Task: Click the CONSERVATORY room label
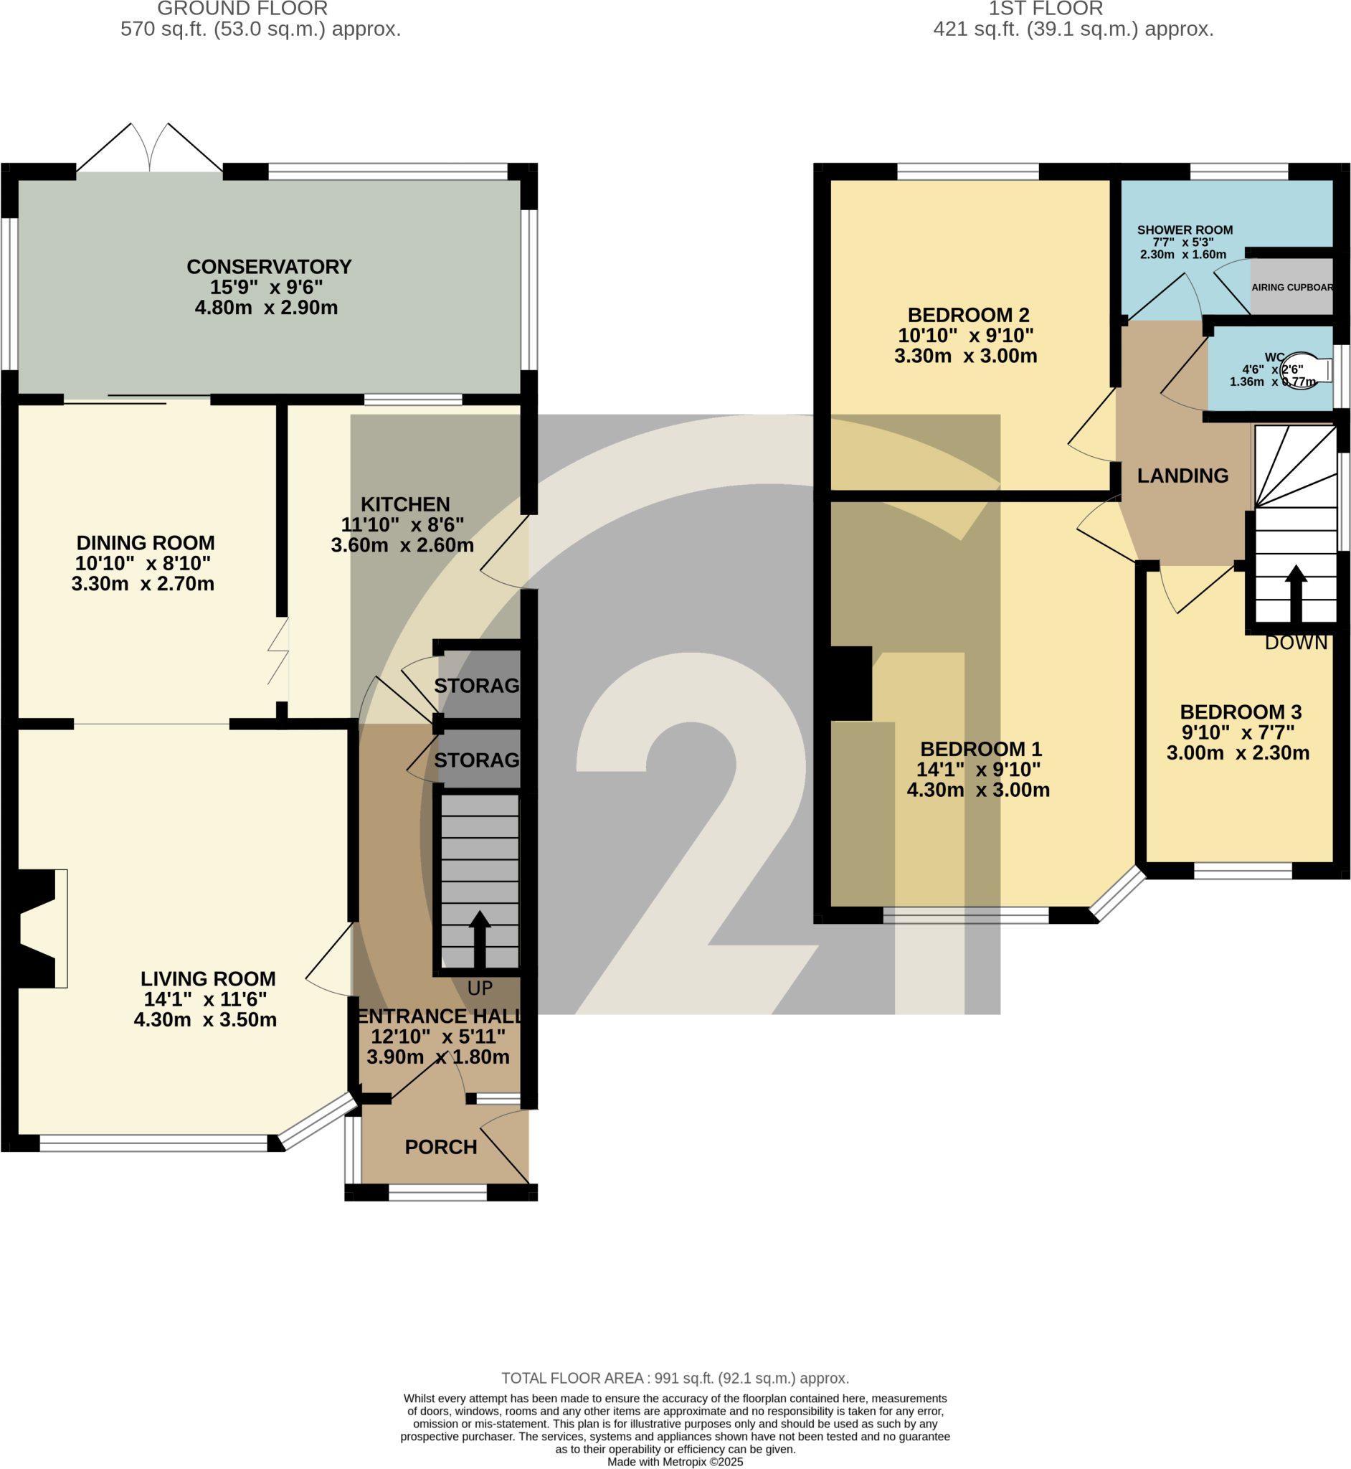(269, 267)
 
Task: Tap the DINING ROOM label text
(146, 543)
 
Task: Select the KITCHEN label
(405, 504)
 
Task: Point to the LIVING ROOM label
(208, 979)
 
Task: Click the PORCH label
(441, 1147)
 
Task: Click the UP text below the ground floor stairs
(480, 988)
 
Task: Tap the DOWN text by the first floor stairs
(1296, 643)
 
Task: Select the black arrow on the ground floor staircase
(480, 939)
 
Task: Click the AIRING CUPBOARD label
(1291, 288)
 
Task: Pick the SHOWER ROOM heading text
(1185, 230)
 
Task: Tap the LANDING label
(1182, 476)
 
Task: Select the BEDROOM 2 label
(968, 315)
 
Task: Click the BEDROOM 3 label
(1241, 712)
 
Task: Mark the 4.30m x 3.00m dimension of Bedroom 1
(978, 790)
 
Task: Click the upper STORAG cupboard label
(477, 686)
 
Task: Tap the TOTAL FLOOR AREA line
(675, 1379)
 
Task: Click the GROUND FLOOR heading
(242, 9)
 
